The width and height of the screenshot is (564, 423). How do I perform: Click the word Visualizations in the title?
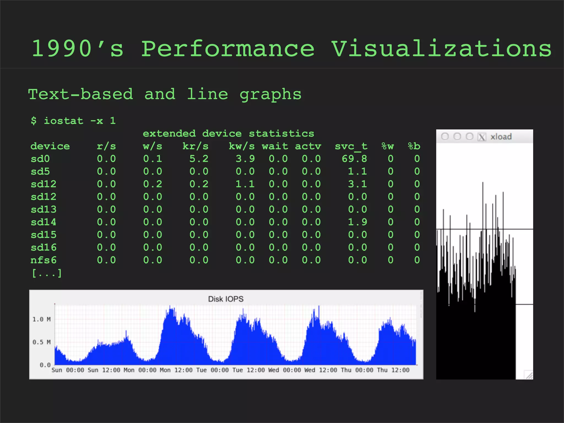pos(441,49)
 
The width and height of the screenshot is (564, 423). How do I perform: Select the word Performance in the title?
pos(228,49)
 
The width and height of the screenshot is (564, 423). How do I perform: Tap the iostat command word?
pos(64,121)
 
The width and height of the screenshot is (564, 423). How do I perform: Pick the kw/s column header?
pos(242,146)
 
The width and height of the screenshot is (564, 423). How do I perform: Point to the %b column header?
pos(414,146)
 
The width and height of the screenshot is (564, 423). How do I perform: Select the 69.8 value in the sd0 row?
pos(354,159)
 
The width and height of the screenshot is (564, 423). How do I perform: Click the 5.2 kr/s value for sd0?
pos(199,159)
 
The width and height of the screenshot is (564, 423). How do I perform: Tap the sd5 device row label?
pos(40,172)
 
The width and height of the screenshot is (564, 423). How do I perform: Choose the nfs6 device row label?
pos(44,260)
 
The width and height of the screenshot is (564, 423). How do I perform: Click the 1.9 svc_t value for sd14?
pos(357,222)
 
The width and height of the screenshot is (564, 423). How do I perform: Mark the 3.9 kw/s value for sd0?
pos(245,159)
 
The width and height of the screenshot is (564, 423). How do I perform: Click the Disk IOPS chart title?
pos(226,299)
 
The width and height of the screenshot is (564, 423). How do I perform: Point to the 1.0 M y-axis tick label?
pos(42,319)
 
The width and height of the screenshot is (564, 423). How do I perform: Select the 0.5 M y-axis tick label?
pos(42,342)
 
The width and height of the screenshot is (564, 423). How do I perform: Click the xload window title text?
pos(501,137)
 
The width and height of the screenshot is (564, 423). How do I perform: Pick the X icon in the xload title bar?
pos(482,137)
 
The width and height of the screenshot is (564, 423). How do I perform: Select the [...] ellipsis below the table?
pos(47,273)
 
